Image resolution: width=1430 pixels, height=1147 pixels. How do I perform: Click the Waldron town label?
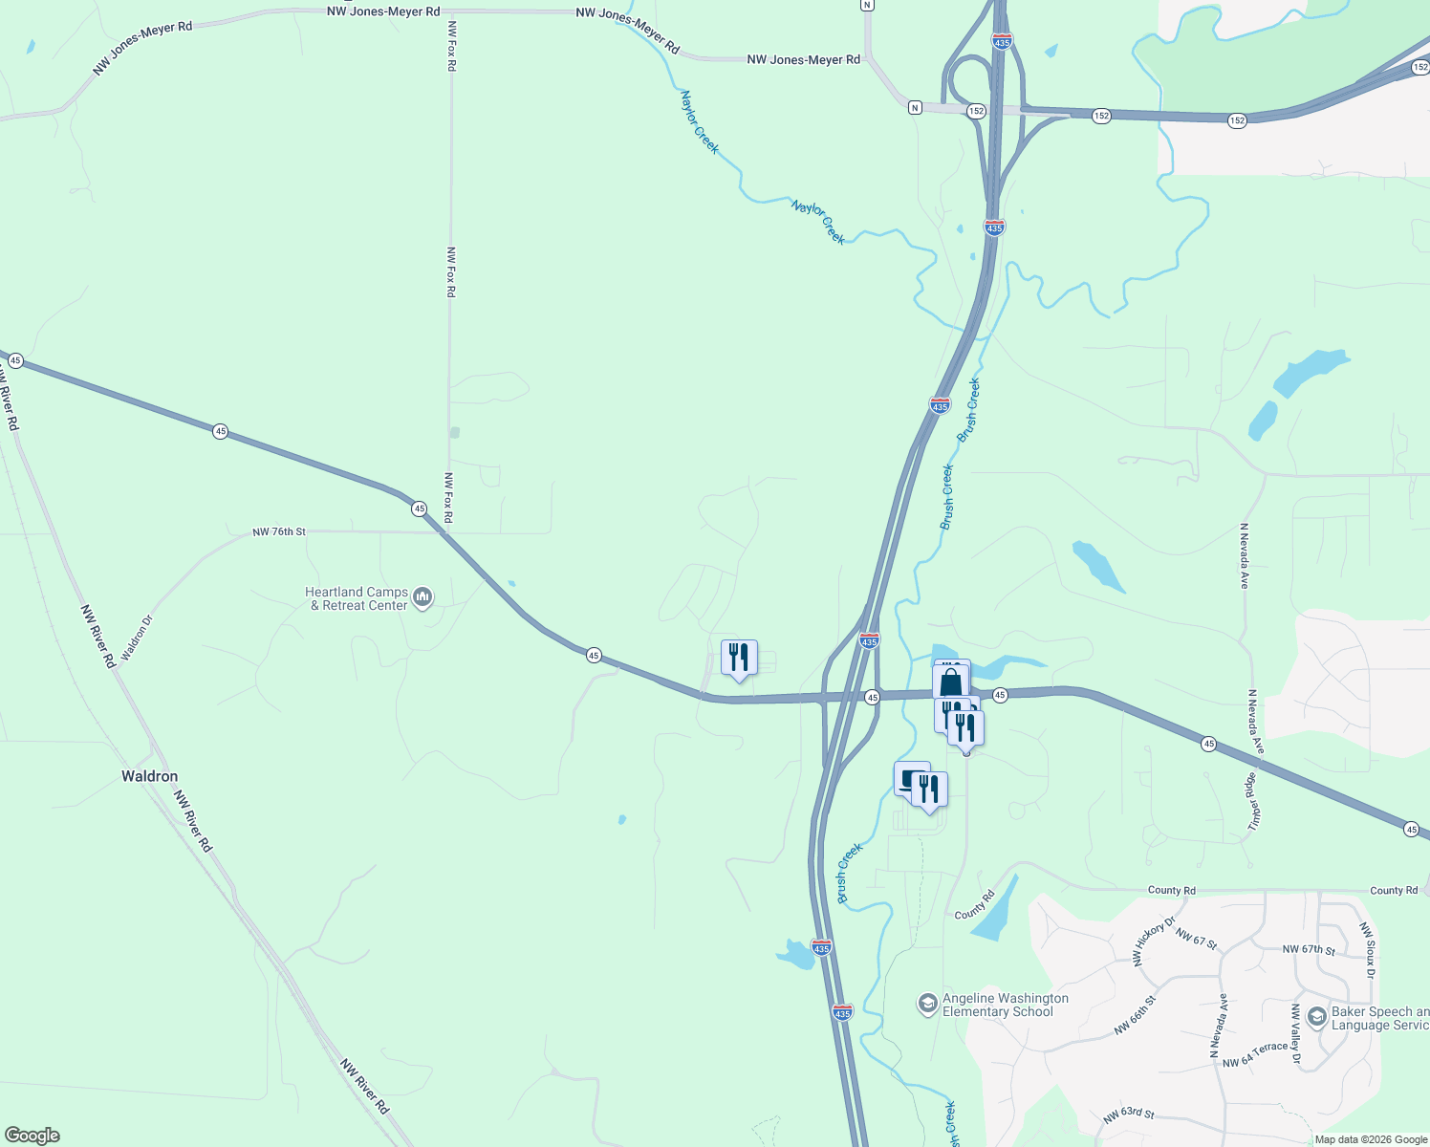point(149,776)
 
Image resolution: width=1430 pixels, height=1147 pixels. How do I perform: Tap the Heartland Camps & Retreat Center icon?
point(422,598)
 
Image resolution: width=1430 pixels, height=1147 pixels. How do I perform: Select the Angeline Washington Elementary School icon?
point(926,1004)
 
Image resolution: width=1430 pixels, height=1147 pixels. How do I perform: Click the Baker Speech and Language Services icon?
point(1316,1017)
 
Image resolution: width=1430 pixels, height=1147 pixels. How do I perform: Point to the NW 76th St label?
point(279,531)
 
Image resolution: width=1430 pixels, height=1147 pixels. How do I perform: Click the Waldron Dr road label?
point(137,638)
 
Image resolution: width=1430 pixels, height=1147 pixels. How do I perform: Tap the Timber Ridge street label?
point(1252,801)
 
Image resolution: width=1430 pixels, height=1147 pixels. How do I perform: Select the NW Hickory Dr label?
point(1154,941)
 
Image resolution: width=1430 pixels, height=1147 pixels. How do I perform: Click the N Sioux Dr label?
point(1368,950)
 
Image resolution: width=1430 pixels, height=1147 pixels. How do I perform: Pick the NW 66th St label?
point(1136,1015)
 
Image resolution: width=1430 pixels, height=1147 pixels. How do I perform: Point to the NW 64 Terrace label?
point(1255,1055)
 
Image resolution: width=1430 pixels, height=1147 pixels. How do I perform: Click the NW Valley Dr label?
point(1296,1034)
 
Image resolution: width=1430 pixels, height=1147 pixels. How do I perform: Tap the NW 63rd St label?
point(1128,1115)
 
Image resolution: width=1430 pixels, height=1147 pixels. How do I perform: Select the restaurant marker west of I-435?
point(738,658)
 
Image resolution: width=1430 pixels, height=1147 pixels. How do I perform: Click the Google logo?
point(32,1136)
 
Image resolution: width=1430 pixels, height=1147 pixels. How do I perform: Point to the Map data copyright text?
point(1371,1139)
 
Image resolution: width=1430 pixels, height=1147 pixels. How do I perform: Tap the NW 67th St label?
point(1308,949)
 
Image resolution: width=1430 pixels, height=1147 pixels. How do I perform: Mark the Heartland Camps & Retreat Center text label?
point(357,598)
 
